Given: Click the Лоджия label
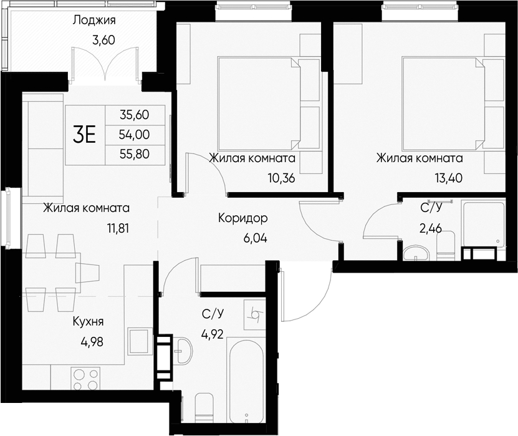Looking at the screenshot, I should tap(94, 20).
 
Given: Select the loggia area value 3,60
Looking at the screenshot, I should tap(104, 41).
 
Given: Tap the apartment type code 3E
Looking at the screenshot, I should tap(84, 134).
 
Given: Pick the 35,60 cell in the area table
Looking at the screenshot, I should tap(135, 115).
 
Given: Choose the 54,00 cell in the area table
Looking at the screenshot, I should tap(135, 134).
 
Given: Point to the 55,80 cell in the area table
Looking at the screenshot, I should tap(135, 153).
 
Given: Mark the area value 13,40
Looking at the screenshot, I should tap(448, 178).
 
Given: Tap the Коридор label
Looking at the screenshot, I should tap(242, 218).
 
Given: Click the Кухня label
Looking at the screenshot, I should tap(88, 322).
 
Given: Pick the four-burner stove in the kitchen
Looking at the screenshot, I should tap(86, 378).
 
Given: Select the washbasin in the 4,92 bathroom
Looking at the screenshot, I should tap(184, 351).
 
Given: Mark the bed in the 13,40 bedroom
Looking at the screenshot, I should tap(443, 103).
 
